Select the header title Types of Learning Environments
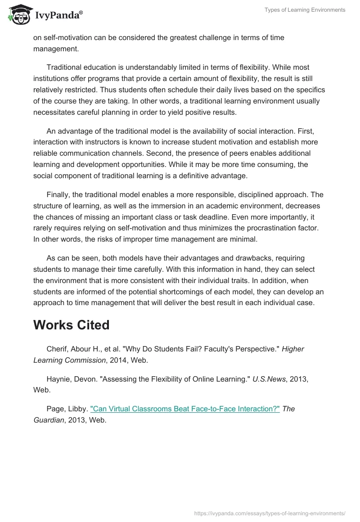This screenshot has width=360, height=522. point(305,10)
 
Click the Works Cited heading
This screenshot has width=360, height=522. point(71,325)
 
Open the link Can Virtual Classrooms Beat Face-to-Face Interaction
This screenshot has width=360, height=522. point(185,409)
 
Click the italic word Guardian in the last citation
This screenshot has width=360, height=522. point(49,420)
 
